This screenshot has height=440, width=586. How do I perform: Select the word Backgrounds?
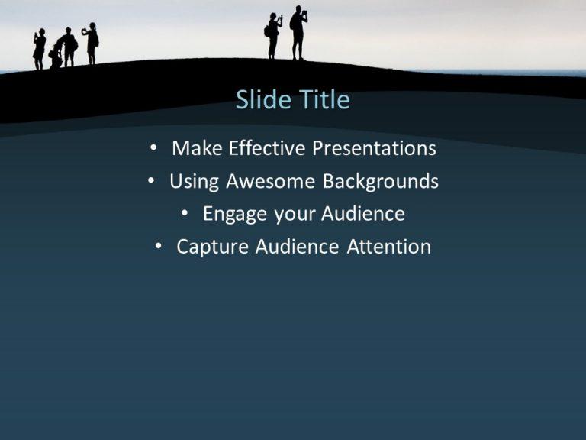[381, 182]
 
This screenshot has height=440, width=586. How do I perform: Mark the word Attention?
[389, 247]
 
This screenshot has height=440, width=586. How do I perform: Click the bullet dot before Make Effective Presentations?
[156, 148]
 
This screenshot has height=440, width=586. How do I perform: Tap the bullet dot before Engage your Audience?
[187, 215]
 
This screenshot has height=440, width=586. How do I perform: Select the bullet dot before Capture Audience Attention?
[159, 247]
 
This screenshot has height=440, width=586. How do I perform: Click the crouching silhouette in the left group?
[55, 56]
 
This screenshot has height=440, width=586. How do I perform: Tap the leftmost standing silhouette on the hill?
[39, 49]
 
